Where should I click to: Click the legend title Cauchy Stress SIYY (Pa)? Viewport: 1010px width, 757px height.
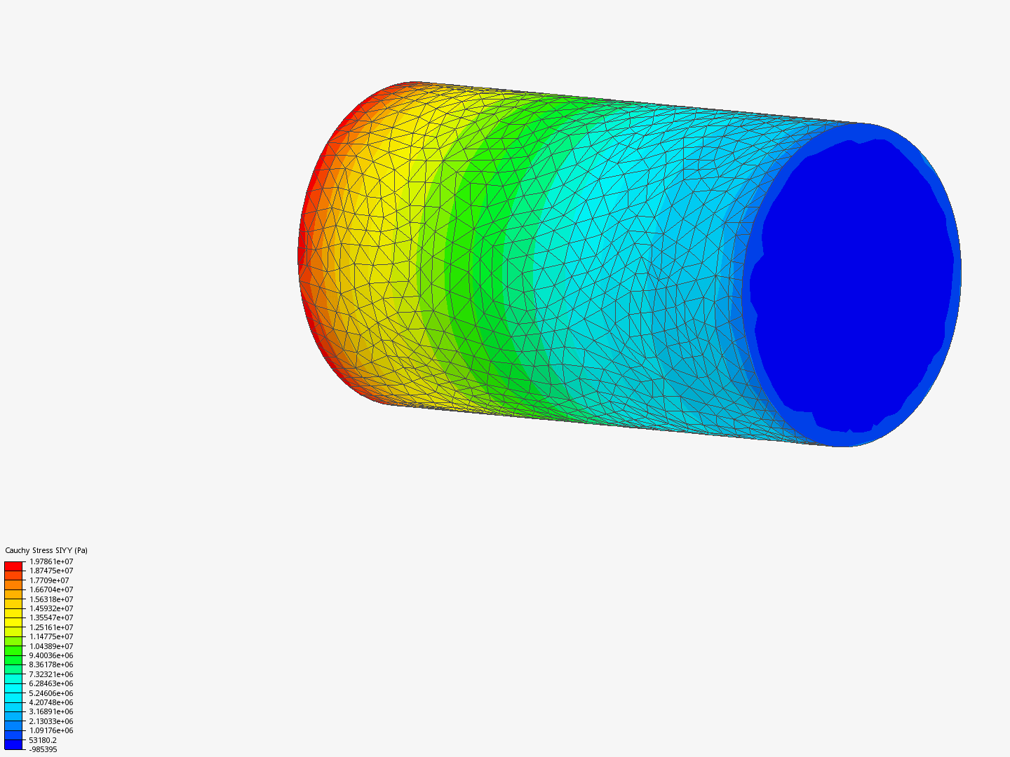46,550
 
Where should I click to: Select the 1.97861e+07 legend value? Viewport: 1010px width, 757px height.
51,561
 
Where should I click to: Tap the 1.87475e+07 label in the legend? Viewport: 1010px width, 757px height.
51,571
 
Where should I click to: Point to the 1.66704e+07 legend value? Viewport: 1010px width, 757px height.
51,589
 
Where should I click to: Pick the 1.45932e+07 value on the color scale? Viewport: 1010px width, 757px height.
51,608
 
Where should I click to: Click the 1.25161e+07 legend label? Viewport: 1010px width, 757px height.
51,627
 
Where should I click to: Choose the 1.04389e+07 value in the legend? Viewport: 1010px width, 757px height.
51,646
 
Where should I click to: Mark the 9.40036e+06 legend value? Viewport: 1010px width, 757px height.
51,655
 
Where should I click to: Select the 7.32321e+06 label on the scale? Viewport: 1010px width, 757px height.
51,674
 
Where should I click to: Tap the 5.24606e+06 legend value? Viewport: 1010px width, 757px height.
51,693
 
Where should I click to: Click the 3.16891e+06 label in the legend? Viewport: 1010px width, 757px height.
51,711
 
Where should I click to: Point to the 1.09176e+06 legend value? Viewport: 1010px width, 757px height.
51,730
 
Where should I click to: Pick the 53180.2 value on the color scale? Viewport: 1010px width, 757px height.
43,740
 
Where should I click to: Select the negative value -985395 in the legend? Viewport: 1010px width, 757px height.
43,749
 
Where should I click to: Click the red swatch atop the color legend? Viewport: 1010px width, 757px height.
13,566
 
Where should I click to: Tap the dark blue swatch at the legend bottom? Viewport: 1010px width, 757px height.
13,744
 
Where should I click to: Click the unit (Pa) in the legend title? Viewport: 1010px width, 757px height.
81,550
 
